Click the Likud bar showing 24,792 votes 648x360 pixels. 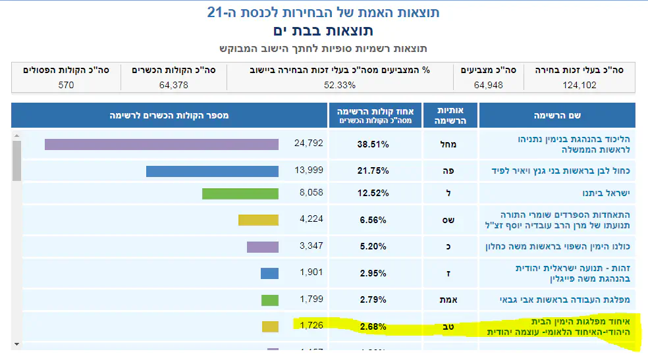pyautogui.click(x=161, y=144)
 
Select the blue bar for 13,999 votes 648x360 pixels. pyautogui.click(x=212, y=171)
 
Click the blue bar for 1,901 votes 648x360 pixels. pyautogui.click(x=269, y=273)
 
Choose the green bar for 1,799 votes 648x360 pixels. pyautogui.click(x=270, y=300)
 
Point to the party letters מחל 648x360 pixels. pyautogui.click(x=448, y=144)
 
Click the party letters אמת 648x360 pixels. pyautogui.click(x=448, y=300)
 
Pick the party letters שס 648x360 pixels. pyautogui.click(x=448, y=220)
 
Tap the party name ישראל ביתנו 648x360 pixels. pyautogui.click(x=603, y=193)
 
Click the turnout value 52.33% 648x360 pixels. pyautogui.click(x=340, y=85)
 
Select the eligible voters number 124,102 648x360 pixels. pyautogui.click(x=580, y=85)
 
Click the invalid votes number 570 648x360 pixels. pyautogui.click(x=66, y=85)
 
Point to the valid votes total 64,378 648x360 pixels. pyautogui.click(x=174, y=85)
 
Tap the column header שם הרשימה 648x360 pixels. pyautogui.click(x=556, y=115)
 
